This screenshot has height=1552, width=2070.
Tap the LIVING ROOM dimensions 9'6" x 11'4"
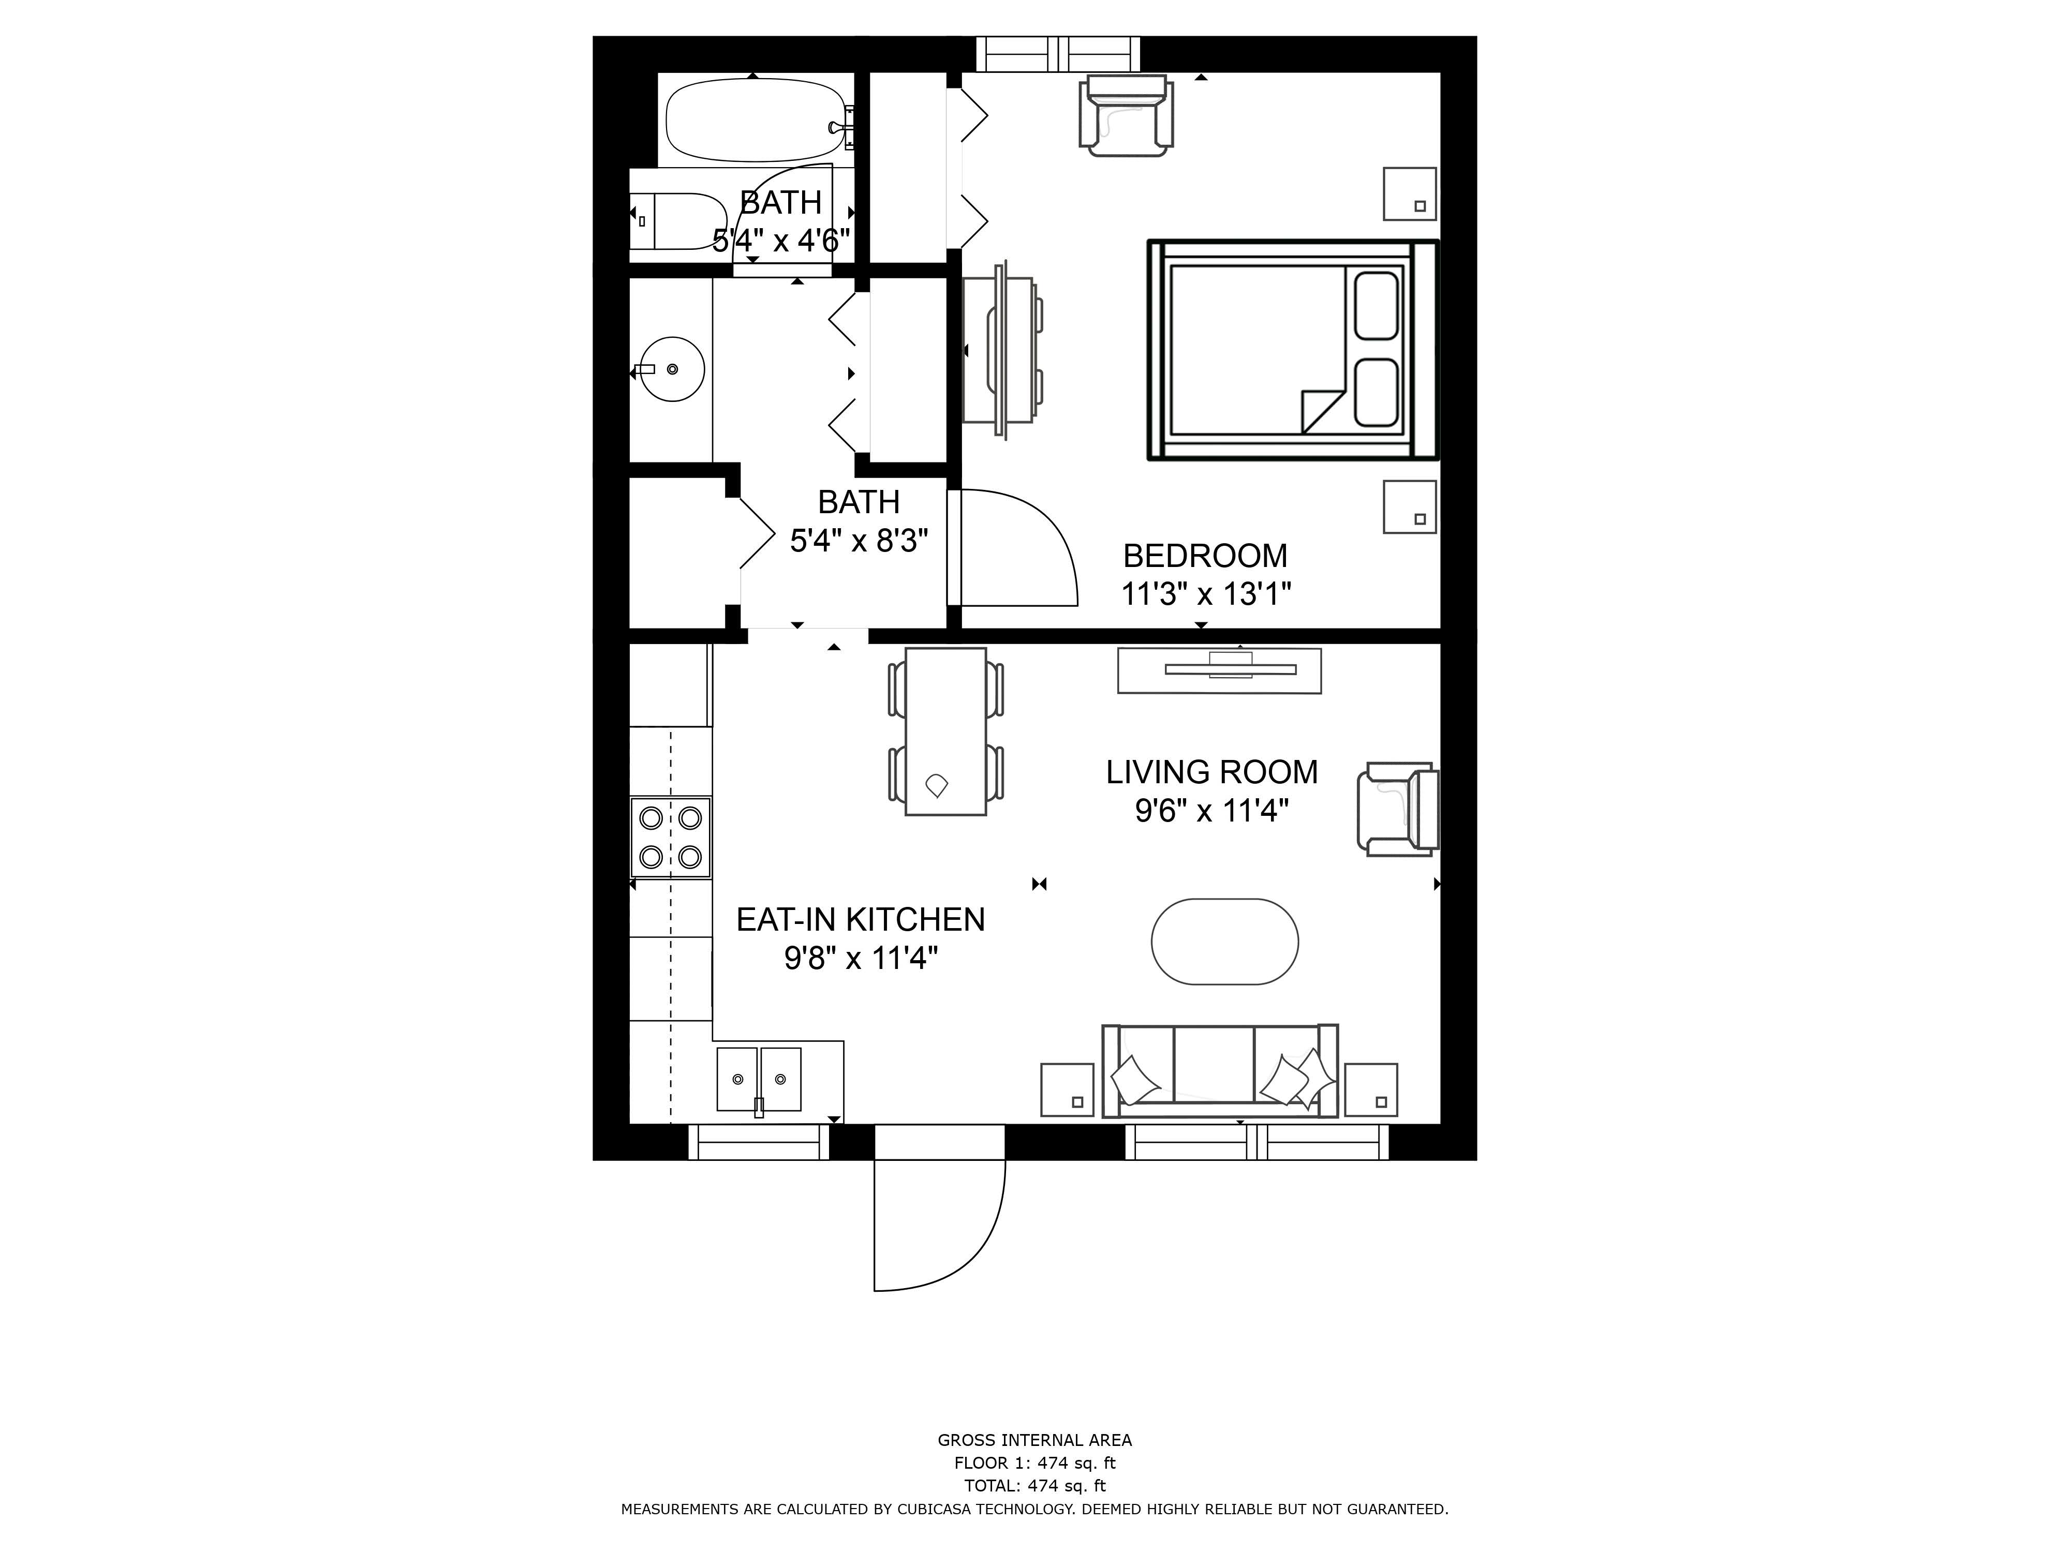click(1212, 810)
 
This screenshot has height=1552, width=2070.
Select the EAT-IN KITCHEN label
click(860, 920)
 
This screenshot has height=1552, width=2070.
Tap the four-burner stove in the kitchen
click(670, 837)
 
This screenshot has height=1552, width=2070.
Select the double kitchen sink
click(759, 1079)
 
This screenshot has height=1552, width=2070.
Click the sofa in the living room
click(1219, 1071)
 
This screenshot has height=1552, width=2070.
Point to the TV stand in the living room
click(1218, 671)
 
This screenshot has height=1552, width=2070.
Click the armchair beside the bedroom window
click(1126, 115)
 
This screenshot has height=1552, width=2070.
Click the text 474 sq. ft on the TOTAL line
click(1066, 1486)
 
